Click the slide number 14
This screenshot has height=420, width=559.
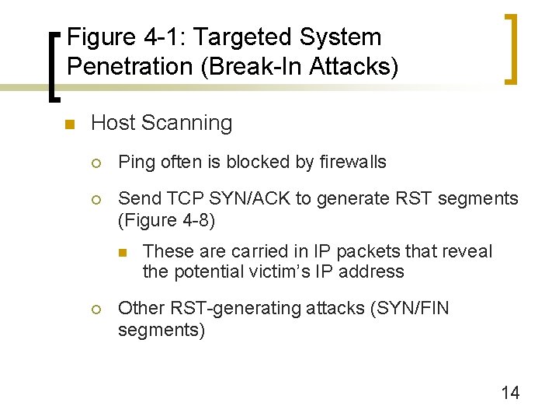[x=510, y=393]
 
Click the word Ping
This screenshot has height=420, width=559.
[x=137, y=163]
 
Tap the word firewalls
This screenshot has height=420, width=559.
[x=352, y=162]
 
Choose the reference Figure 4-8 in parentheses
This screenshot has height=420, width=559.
[x=166, y=220]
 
